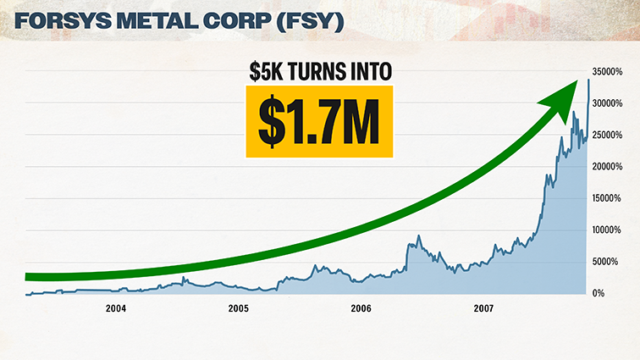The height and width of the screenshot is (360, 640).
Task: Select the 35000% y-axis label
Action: (x=608, y=73)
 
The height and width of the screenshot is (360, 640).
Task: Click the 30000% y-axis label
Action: (x=608, y=104)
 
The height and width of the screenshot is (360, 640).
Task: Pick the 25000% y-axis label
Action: (x=608, y=136)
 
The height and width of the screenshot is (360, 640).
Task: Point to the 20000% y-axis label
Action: (x=608, y=167)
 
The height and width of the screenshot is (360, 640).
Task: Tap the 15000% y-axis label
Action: (x=608, y=198)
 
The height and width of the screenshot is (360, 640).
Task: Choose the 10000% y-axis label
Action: (x=608, y=230)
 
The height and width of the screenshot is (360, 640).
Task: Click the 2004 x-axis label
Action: (x=116, y=309)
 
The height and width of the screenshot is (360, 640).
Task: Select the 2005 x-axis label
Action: (x=239, y=309)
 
